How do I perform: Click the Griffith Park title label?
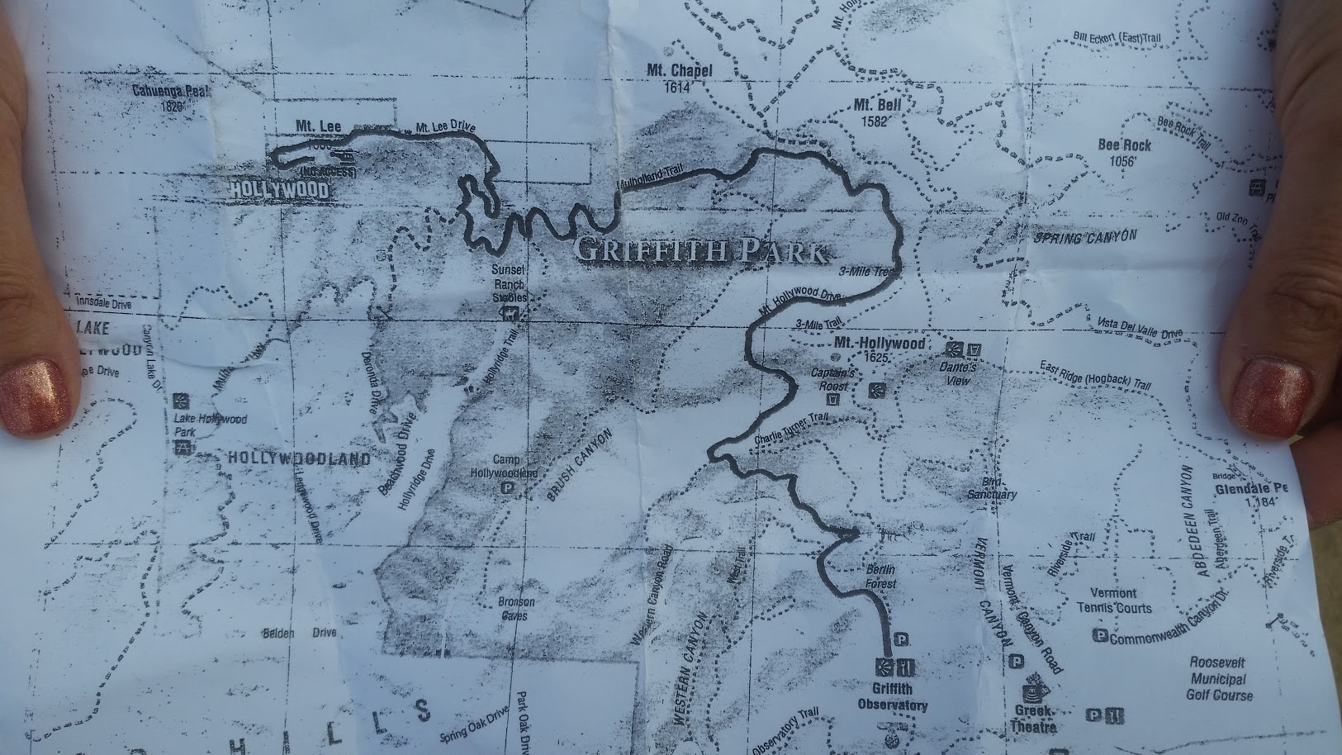pyautogui.click(x=698, y=251)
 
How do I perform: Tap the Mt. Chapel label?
pyautogui.click(x=679, y=78)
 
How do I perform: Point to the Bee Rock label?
pyautogui.click(x=1124, y=152)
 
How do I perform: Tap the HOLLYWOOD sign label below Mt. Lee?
pyautogui.click(x=278, y=191)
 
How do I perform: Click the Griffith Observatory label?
pyautogui.click(x=893, y=697)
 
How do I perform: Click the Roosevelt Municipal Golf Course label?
pyautogui.click(x=1217, y=679)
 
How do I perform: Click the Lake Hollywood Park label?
pyautogui.click(x=211, y=425)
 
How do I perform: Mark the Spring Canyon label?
pyautogui.click(x=1085, y=237)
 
